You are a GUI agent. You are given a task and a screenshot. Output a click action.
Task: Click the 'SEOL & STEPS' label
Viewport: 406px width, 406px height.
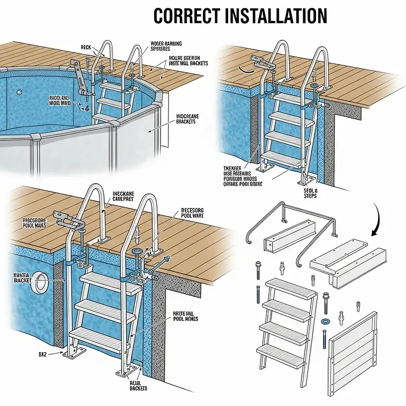(x=311, y=193)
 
